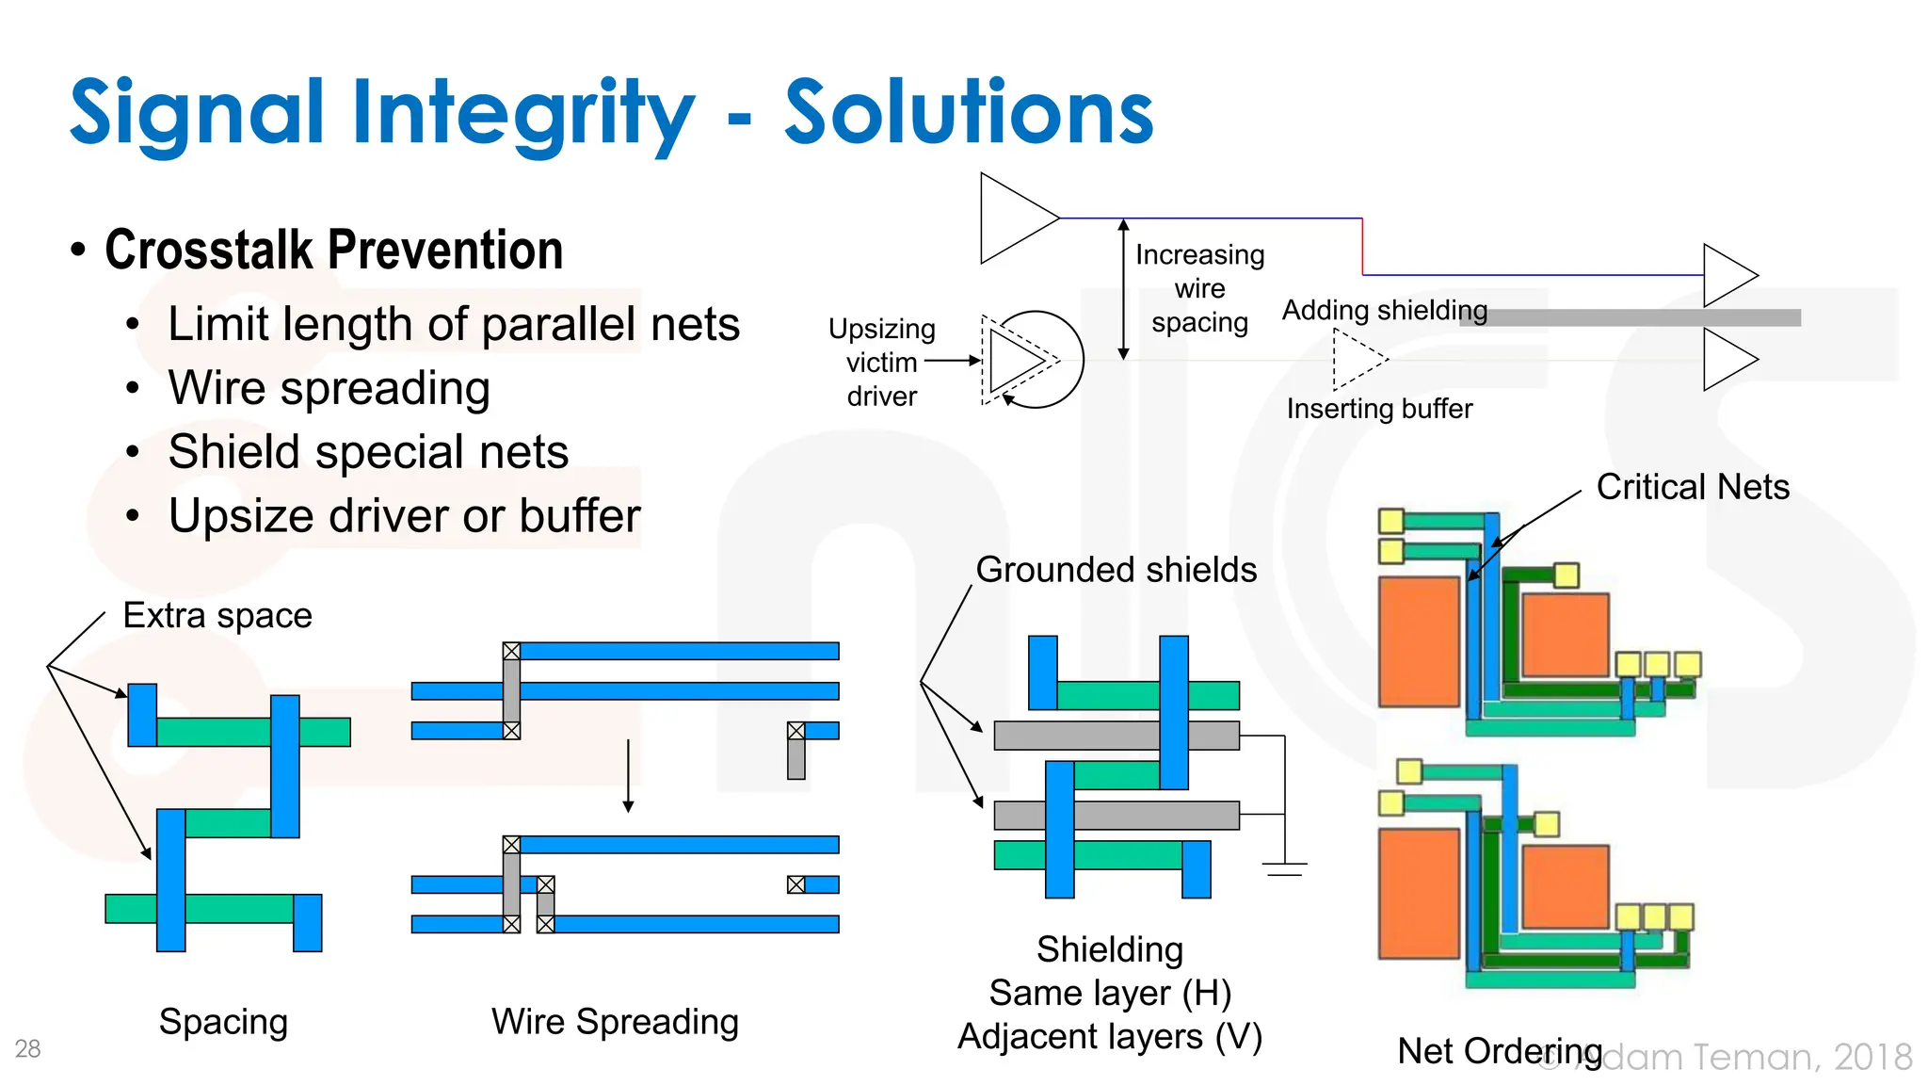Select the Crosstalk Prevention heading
click(333, 251)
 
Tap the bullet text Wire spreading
click(329, 388)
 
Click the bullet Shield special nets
click(368, 452)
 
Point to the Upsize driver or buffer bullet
click(404, 516)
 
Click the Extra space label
click(217, 616)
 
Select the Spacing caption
click(223, 1022)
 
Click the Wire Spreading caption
click(615, 1022)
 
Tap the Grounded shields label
click(1116, 570)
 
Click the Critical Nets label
click(1692, 487)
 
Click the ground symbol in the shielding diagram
click(1284, 866)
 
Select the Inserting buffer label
click(1379, 409)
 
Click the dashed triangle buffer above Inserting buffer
click(1356, 359)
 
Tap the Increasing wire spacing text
click(1199, 288)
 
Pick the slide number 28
click(27, 1048)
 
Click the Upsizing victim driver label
click(881, 363)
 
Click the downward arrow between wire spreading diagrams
click(628, 776)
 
